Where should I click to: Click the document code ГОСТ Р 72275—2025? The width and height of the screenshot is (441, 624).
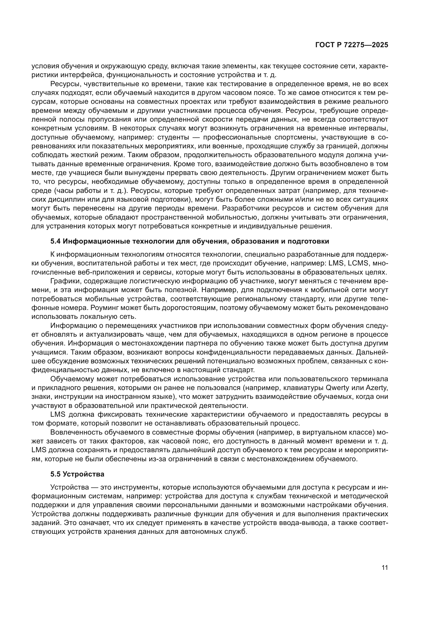tap(352, 45)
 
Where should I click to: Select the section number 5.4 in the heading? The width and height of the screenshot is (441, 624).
tap(56, 241)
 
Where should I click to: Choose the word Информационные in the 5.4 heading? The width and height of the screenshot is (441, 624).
tap(91, 241)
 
